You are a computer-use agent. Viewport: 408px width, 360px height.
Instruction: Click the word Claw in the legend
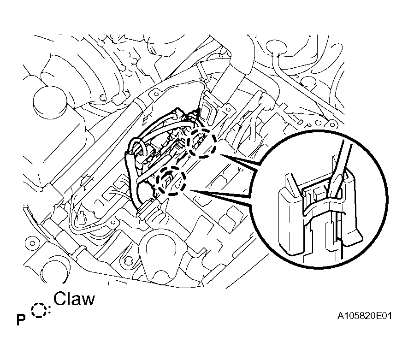74,299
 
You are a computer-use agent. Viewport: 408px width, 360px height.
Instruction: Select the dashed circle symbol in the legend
40,310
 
